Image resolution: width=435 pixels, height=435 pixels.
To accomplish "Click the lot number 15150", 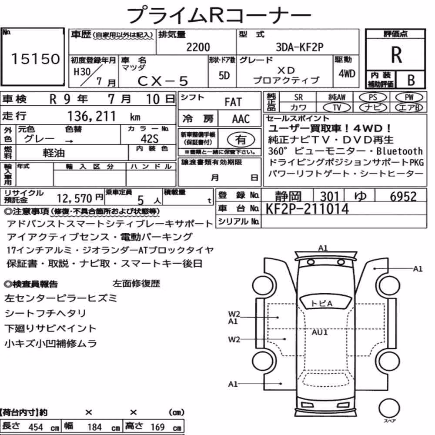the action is (35, 59).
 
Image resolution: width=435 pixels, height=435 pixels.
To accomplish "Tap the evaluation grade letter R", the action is (396, 55).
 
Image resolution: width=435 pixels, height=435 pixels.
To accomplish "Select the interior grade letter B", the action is (411, 80).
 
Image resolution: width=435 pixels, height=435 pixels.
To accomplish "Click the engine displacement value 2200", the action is (198, 47).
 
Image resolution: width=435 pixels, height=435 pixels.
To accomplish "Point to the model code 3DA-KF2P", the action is (299, 47).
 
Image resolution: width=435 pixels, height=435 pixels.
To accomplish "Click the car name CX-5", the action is (163, 81).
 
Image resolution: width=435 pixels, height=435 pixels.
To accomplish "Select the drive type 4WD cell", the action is (347, 74).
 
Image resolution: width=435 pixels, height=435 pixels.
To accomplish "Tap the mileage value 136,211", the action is (91, 116).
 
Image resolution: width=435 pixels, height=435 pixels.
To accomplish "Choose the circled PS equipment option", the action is (373, 97).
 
